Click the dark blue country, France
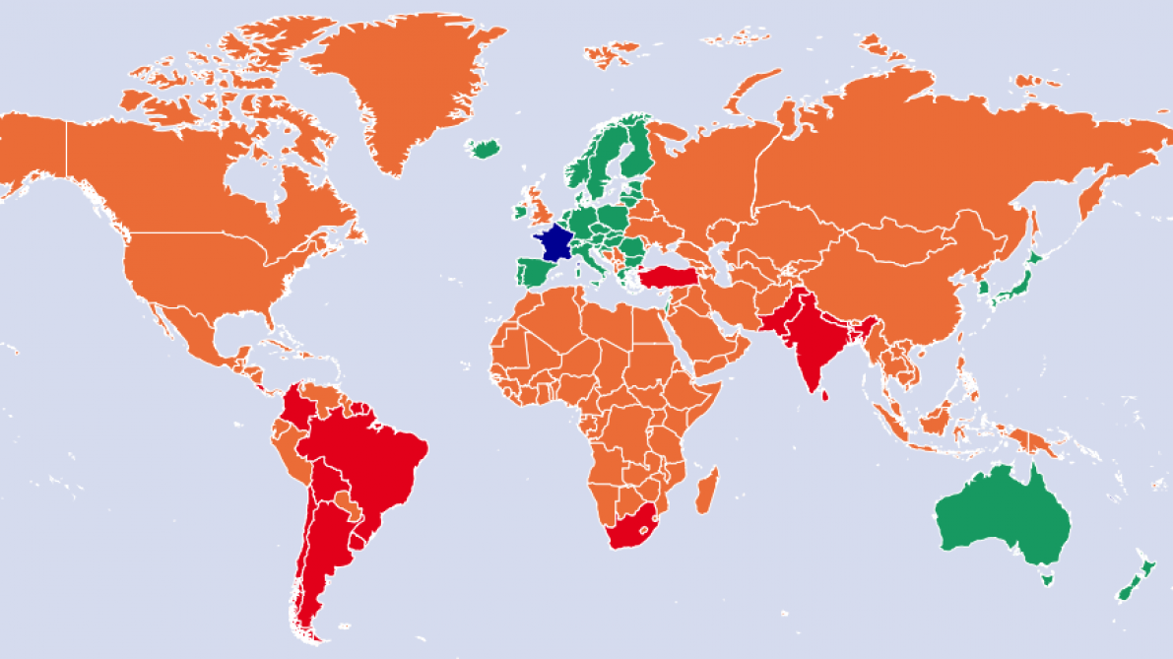[554, 242]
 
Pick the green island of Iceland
[485, 149]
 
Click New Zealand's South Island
[1128, 590]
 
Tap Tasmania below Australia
[1046, 579]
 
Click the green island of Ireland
[519, 211]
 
